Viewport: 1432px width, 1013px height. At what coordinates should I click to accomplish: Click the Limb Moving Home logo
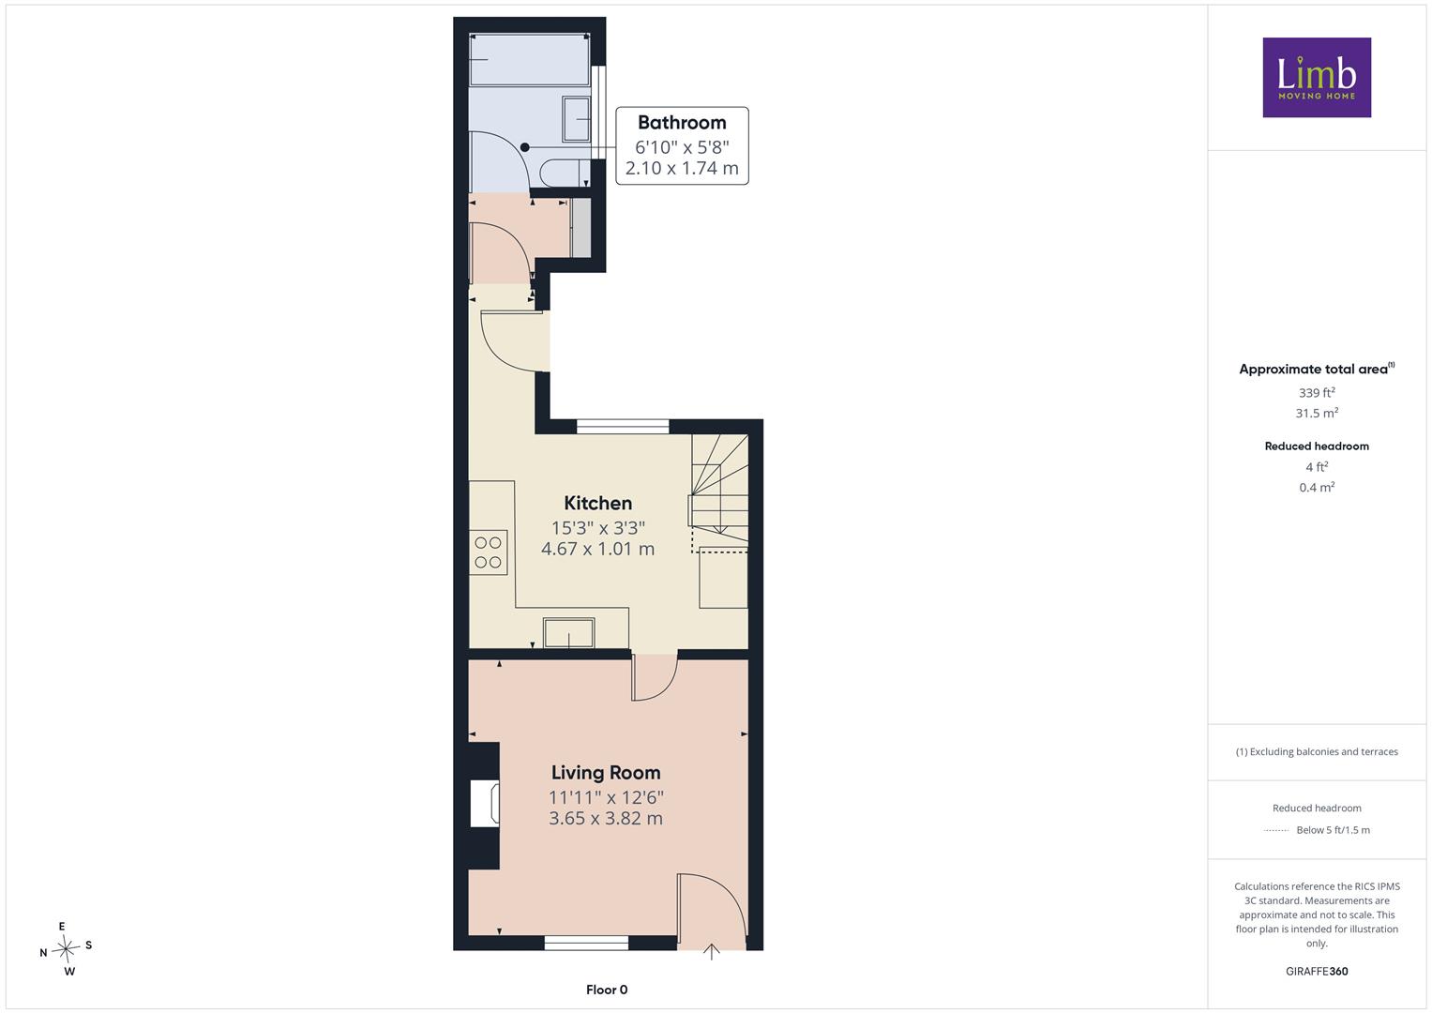[x=1317, y=77]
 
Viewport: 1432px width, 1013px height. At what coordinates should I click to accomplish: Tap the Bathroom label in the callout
[x=682, y=122]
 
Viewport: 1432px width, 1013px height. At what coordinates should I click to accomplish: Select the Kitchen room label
[x=597, y=503]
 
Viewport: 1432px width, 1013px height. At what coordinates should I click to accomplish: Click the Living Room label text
[x=606, y=773]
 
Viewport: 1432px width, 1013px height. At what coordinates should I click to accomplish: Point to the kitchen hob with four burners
[x=489, y=552]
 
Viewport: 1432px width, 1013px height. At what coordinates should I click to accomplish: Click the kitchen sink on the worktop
[x=569, y=633]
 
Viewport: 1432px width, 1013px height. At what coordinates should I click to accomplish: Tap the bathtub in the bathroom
[x=529, y=59]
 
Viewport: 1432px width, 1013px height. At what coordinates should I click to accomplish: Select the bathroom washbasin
[x=576, y=119]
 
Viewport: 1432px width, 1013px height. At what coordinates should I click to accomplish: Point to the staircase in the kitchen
[x=720, y=491]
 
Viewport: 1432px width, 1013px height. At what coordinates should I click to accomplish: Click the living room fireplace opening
[x=485, y=803]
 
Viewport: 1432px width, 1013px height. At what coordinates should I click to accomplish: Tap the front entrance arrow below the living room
[x=712, y=952]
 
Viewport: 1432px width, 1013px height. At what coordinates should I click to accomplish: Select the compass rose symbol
[x=66, y=949]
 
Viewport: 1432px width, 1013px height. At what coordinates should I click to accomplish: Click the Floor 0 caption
[x=607, y=990]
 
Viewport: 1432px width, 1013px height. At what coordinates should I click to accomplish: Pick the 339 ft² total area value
[x=1317, y=392]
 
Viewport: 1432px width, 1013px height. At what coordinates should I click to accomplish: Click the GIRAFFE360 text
[x=1317, y=971]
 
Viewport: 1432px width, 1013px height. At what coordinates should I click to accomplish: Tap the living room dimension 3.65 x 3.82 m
[x=606, y=818]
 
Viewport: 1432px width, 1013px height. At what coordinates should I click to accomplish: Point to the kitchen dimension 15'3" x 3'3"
[x=597, y=527]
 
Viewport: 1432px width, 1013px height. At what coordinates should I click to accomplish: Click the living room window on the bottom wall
[x=586, y=943]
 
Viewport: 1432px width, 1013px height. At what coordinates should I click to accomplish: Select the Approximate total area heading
[x=1317, y=369]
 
